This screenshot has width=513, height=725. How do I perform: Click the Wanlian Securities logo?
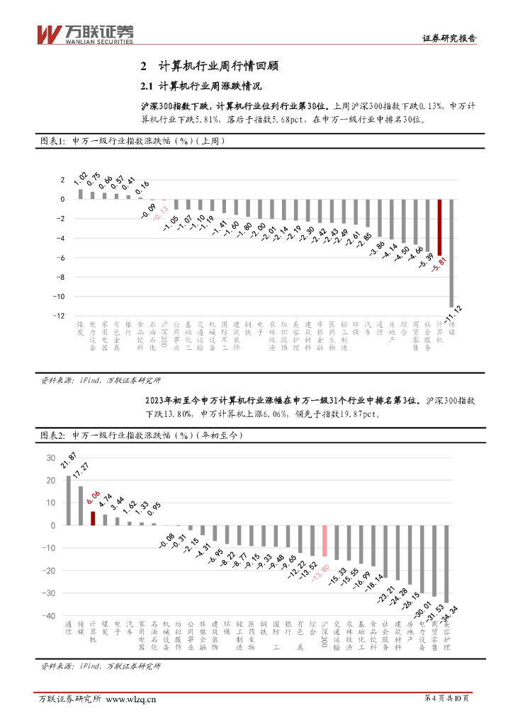click(x=84, y=33)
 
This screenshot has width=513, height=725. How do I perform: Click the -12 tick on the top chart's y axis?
click(x=62, y=316)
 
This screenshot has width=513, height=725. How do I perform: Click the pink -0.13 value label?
click(x=163, y=211)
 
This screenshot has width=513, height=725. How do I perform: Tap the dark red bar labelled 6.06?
click(x=93, y=518)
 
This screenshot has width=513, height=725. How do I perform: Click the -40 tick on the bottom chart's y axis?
click(x=50, y=616)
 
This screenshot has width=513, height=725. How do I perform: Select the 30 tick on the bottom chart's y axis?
click(x=50, y=457)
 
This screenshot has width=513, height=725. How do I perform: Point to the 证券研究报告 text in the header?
click(x=449, y=39)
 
